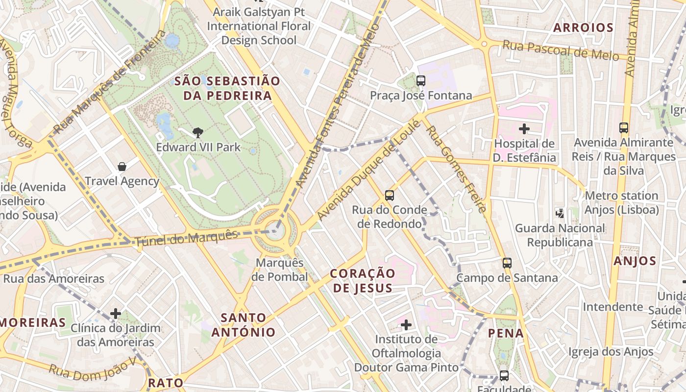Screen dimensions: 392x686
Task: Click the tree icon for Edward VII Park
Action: click(197, 132)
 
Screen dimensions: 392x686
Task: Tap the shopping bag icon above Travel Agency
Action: click(122, 167)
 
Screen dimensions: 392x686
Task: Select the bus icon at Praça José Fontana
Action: click(420, 81)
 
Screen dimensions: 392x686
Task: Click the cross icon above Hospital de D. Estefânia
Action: click(524, 129)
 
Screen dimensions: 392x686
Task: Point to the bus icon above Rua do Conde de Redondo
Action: click(390, 196)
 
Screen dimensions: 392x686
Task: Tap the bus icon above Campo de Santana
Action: click(507, 263)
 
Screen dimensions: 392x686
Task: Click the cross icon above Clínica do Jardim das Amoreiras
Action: click(116, 313)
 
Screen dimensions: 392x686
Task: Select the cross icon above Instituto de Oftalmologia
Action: click(406, 324)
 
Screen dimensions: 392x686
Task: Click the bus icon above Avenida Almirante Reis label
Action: click(624, 128)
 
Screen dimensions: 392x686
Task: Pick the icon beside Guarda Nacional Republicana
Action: click(560, 213)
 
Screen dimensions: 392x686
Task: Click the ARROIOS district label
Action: click(583, 28)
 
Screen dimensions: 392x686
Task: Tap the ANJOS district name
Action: click(635, 261)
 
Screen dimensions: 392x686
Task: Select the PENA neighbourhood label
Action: click(506, 334)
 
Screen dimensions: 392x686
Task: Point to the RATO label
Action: click(166, 383)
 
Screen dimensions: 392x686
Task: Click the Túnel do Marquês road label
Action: click(186, 238)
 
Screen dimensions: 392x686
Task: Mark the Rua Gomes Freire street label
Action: click(456, 169)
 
